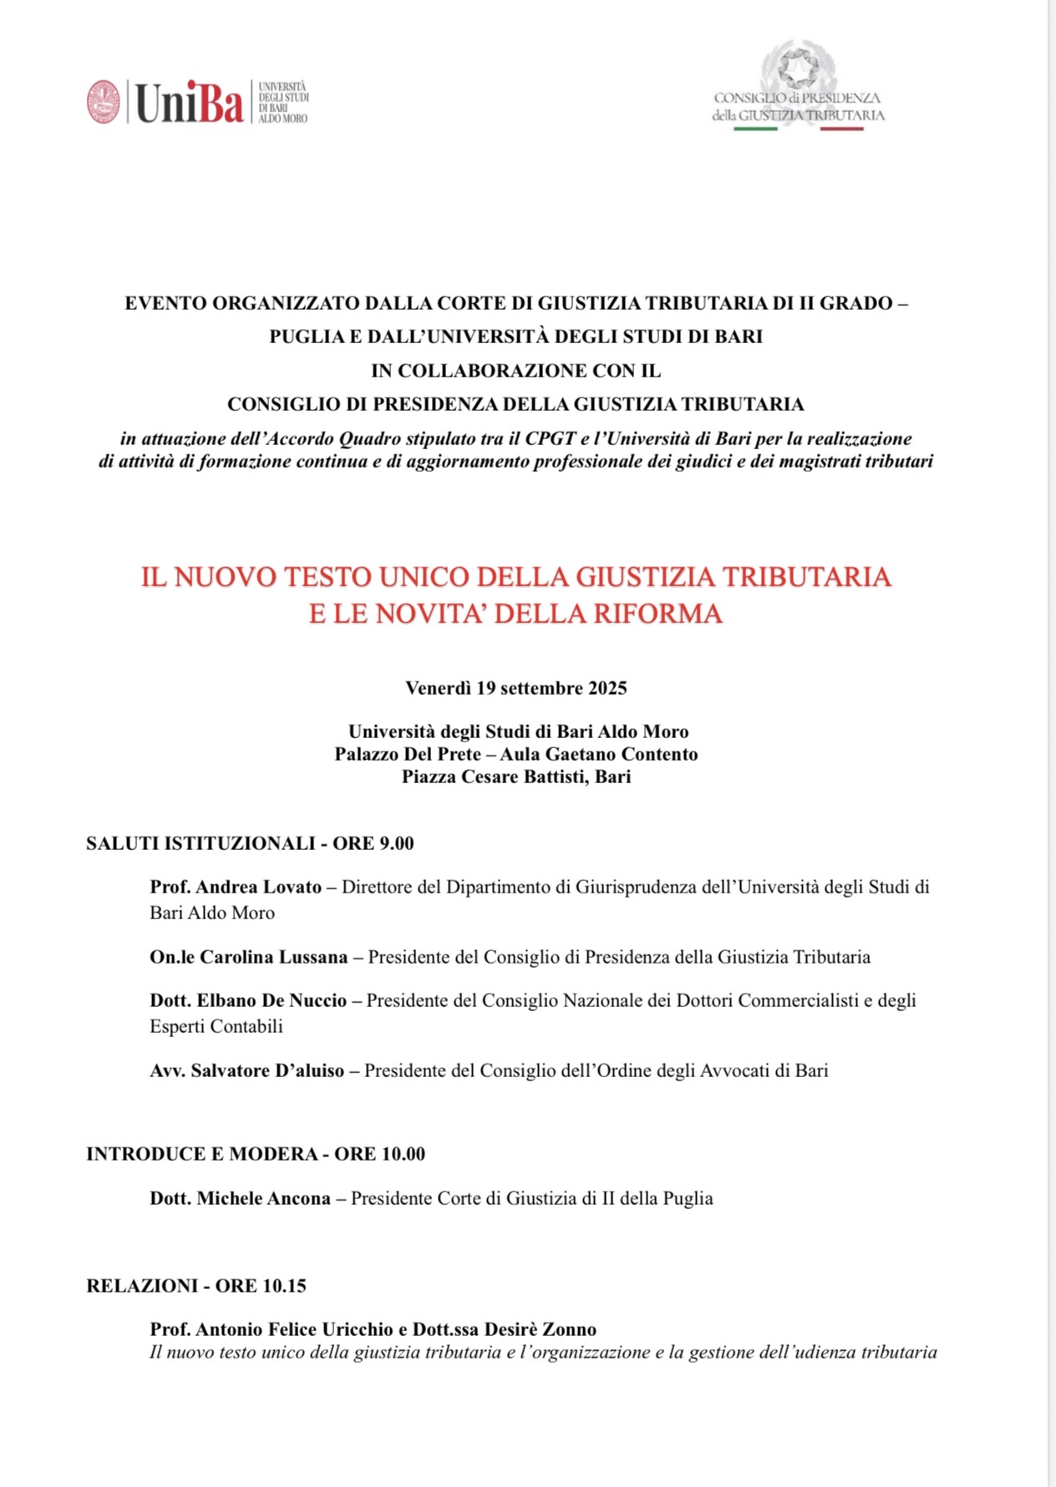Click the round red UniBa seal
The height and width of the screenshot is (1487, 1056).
click(104, 102)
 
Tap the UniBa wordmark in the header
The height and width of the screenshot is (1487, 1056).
click(189, 103)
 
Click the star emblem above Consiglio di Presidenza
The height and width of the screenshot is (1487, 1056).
click(798, 67)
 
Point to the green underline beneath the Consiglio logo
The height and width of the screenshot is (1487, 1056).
click(755, 129)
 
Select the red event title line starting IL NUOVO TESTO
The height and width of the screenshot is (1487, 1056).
click(515, 577)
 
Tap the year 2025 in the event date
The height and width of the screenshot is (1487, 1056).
click(607, 689)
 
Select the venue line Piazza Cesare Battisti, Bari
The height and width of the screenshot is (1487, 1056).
click(516, 777)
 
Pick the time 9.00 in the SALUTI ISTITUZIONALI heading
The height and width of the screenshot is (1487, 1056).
click(397, 844)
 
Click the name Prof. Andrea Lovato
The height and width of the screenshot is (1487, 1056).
click(236, 888)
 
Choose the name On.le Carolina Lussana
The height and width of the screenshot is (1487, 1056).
click(248, 958)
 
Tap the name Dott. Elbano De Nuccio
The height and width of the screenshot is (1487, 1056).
click(248, 1001)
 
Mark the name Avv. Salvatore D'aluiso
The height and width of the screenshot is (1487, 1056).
click(246, 1071)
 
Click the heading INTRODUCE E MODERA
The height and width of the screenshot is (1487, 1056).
click(202, 1155)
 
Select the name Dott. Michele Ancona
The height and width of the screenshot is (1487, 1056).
click(240, 1199)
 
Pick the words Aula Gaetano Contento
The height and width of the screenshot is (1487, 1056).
click(599, 755)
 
